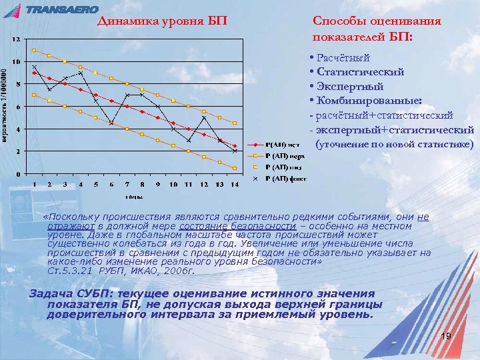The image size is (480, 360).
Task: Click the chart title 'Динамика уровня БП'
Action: click(x=162, y=21)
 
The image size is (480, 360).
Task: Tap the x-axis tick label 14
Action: click(x=234, y=184)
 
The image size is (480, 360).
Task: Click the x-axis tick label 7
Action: click(x=127, y=184)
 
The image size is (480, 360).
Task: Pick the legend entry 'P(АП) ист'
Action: click(x=282, y=145)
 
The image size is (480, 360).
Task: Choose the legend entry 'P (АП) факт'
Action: click(x=284, y=178)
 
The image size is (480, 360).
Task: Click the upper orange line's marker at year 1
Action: click(x=34, y=50)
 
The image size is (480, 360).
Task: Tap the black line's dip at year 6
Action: click(x=111, y=123)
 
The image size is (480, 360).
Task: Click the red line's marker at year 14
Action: click(x=235, y=145)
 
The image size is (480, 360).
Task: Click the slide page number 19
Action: click(x=446, y=336)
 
